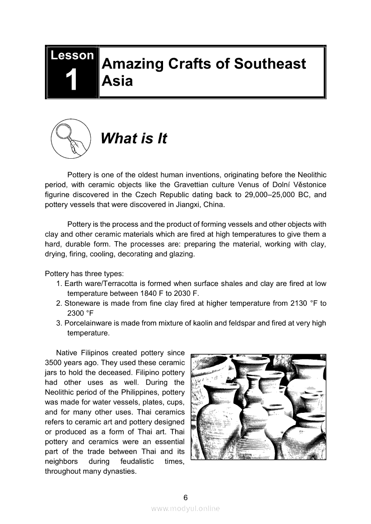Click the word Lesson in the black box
72,56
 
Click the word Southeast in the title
269,64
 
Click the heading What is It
134,139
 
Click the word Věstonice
308,185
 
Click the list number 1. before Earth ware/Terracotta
59,284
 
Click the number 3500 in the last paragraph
54,363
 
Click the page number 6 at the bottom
185,497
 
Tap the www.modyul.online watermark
185,508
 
